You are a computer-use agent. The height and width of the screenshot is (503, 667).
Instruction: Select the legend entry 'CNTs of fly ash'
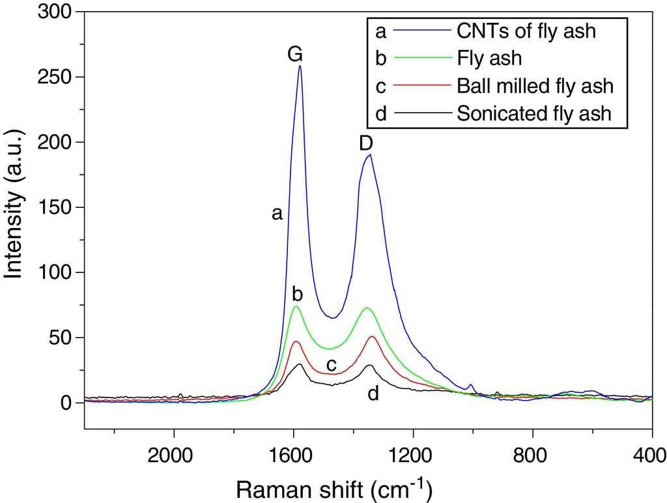[526, 30]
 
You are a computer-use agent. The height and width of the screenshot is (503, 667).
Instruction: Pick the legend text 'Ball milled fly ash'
[535, 85]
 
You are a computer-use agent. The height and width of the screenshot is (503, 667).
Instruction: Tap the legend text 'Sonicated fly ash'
[534, 113]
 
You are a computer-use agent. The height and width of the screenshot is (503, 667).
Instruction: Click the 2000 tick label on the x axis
[174, 454]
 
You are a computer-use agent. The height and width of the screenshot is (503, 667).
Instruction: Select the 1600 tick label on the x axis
[294, 454]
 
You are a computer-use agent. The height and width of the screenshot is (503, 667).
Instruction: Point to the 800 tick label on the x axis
[533, 454]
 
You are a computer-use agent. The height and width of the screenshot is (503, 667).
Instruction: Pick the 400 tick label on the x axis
[652, 454]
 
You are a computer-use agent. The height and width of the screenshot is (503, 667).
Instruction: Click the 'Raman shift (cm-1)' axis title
[333, 488]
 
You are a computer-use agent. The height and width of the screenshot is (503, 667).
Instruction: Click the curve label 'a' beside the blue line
[277, 213]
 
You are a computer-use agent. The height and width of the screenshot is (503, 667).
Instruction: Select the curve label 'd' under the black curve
[373, 393]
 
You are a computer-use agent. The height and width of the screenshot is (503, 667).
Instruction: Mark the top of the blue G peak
[300, 66]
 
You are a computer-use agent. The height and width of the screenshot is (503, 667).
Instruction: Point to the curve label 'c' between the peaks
[332, 364]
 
